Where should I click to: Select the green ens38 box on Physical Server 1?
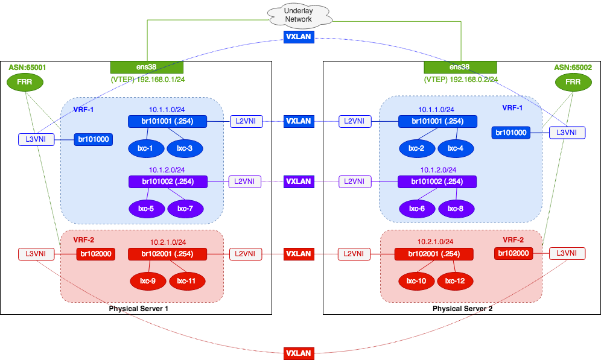(x=147, y=68)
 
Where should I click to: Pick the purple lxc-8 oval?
(x=456, y=208)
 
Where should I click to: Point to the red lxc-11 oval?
(x=187, y=280)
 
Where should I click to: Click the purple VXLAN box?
(x=298, y=181)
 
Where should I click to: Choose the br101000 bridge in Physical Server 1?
(x=94, y=140)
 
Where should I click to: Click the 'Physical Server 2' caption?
(x=462, y=309)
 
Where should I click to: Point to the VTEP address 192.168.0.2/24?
(x=462, y=79)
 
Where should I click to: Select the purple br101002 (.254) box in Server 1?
(x=167, y=181)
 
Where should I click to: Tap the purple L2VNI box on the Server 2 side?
(x=354, y=181)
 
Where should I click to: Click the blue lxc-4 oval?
(x=456, y=148)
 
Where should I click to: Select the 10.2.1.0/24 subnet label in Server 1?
(x=167, y=242)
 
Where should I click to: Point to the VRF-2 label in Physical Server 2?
(x=514, y=239)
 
